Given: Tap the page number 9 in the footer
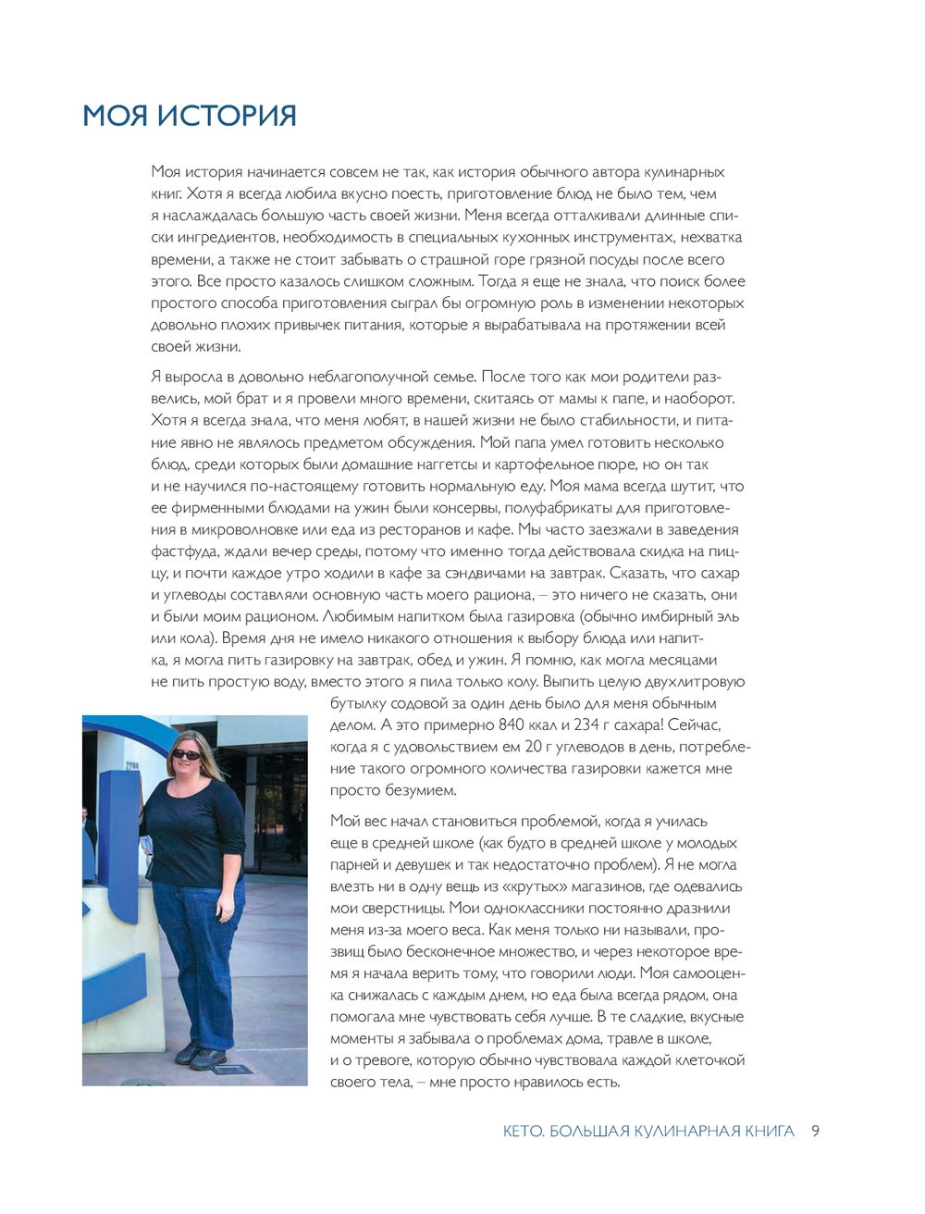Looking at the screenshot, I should pos(815,1131).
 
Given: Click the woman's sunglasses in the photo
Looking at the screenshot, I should pos(186,754).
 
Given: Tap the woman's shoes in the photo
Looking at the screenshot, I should pos(201,1056).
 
